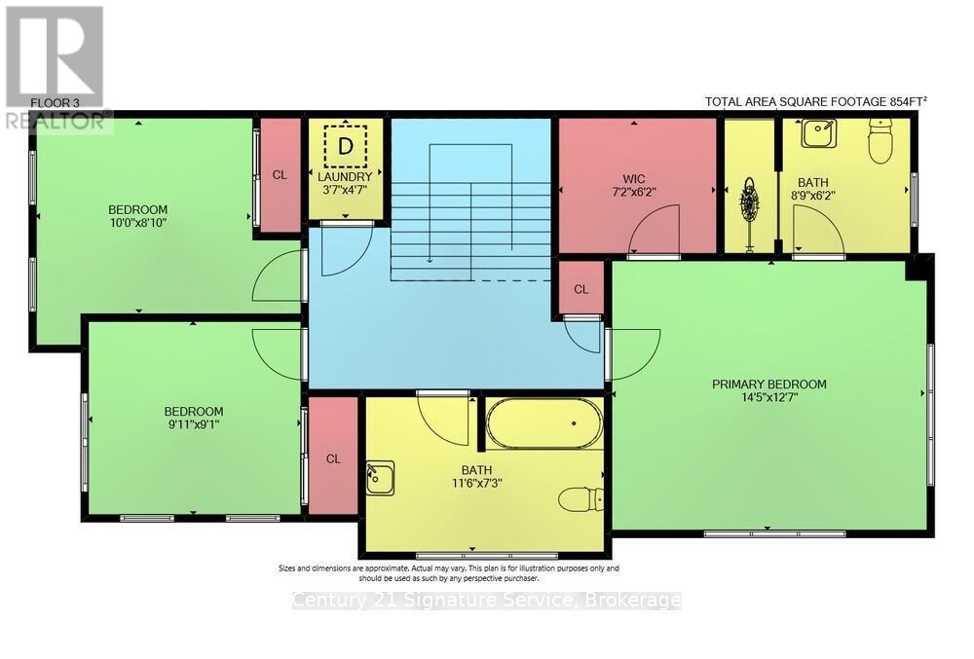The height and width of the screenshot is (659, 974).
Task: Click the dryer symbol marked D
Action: pyautogui.click(x=345, y=146)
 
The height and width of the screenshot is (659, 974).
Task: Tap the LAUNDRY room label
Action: pyautogui.click(x=345, y=176)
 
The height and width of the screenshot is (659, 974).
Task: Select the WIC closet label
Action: pyautogui.click(x=635, y=179)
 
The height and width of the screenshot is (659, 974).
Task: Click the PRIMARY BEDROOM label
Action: pyautogui.click(x=768, y=384)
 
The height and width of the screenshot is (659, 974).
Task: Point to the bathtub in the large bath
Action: pyautogui.click(x=544, y=423)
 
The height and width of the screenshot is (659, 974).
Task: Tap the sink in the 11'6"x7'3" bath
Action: pyautogui.click(x=380, y=478)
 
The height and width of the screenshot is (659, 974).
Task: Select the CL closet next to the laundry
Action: pyautogui.click(x=280, y=175)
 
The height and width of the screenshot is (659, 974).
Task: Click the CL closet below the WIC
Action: pyautogui.click(x=581, y=289)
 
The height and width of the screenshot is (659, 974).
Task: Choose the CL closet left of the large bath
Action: pyautogui.click(x=333, y=458)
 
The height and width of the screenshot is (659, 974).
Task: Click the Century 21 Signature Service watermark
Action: pyautogui.click(x=487, y=601)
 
